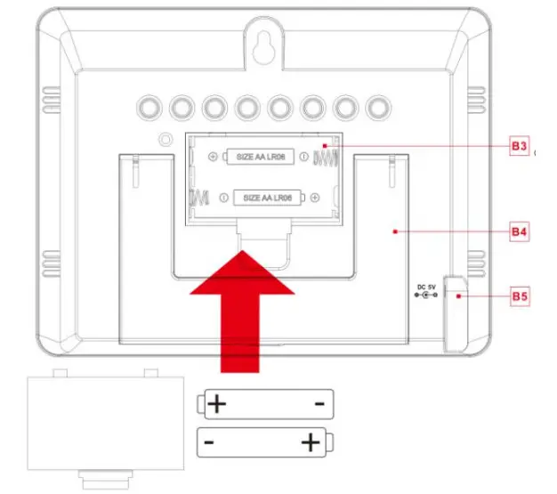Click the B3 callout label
pyautogui.click(x=521, y=147)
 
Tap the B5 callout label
pyautogui.click(x=521, y=295)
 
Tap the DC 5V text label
pyautogui.click(x=426, y=286)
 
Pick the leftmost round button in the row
pyautogui.click(x=148, y=108)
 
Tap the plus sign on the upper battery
pyautogui.click(x=216, y=405)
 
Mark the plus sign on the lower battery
pyautogui.click(x=311, y=441)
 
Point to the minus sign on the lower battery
pyautogui.click(x=207, y=441)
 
